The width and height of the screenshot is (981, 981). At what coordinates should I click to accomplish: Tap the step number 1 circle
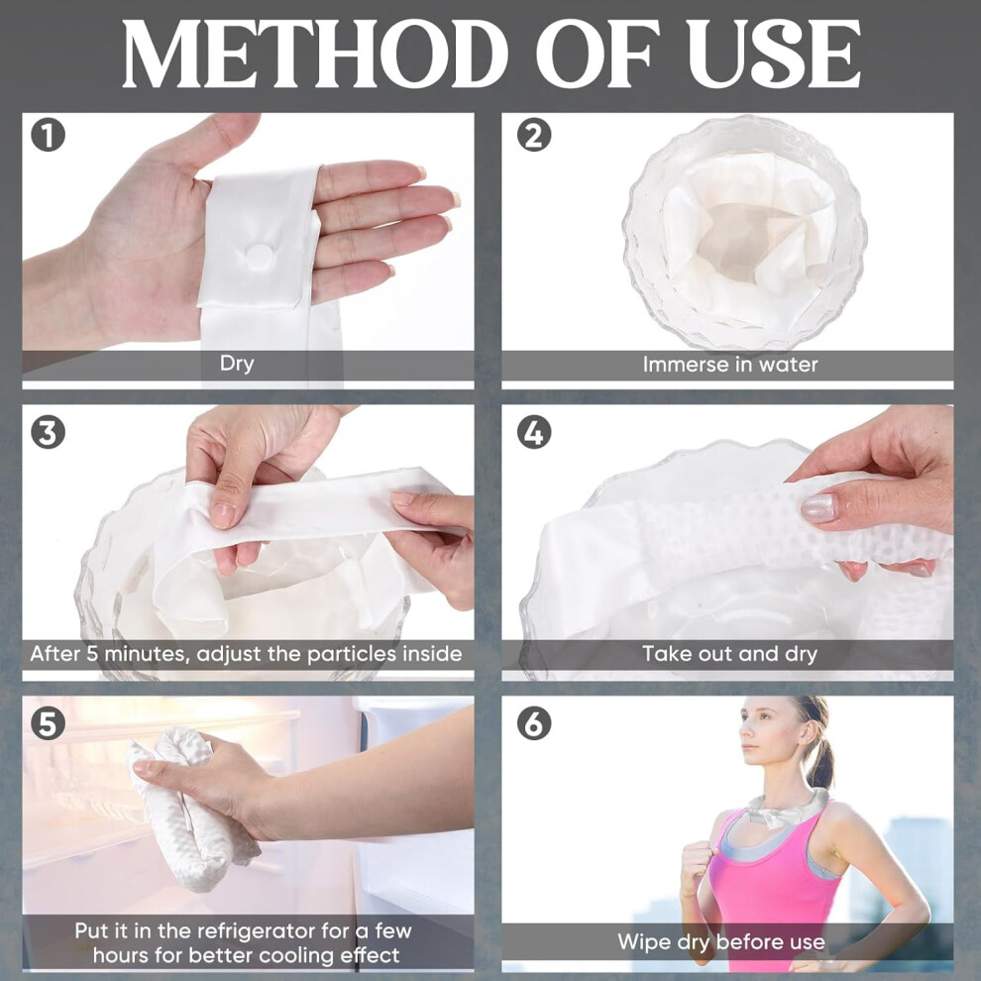[x=49, y=135]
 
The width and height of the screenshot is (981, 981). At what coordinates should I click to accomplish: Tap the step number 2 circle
[x=534, y=135]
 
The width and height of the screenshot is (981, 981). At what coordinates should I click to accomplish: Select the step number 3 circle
[x=49, y=432]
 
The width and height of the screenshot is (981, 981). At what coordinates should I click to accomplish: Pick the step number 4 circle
[x=534, y=432]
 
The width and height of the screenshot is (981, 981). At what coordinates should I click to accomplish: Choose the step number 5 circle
[x=49, y=723]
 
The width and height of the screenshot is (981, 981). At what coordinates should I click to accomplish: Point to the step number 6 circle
[x=534, y=723]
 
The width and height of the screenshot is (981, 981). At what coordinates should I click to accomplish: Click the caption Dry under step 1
[x=237, y=364]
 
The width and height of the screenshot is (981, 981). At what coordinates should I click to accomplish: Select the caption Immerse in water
[x=730, y=364]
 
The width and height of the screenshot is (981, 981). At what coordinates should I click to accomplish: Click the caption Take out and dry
[x=730, y=654]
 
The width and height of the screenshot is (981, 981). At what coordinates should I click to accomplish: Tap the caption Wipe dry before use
[x=721, y=942]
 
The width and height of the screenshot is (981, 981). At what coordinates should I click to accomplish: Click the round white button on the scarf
[x=259, y=256]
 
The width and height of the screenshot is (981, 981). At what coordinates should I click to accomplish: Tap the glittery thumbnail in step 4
[x=818, y=508]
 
